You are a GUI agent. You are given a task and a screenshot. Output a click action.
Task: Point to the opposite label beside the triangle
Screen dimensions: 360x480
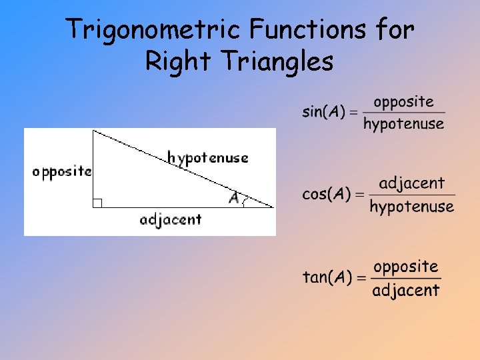pyautogui.click(x=61, y=172)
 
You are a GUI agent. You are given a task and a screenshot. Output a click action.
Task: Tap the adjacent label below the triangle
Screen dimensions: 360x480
pyautogui.click(x=171, y=219)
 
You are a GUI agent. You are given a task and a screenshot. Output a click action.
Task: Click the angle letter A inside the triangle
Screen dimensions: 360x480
pyautogui.click(x=233, y=198)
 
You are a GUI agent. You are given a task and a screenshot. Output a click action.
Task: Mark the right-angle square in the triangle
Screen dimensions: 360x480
pyautogui.click(x=97, y=203)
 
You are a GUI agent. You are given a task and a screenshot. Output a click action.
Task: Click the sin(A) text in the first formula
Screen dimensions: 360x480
pyautogui.click(x=323, y=112)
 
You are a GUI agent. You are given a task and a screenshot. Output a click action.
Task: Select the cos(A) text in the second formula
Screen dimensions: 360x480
pyautogui.click(x=326, y=194)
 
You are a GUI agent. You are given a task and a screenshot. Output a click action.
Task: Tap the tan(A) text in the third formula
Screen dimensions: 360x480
pyautogui.click(x=326, y=277)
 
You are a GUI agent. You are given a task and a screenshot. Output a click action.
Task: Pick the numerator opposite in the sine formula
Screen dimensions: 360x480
pyautogui.click(x=403, y=102)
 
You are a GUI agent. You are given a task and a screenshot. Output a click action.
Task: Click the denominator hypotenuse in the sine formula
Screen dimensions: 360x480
pyautogui.click(x=403, y=124)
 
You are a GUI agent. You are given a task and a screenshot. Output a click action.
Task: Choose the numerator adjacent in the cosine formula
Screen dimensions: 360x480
pyautogui.click(x=411, y=183)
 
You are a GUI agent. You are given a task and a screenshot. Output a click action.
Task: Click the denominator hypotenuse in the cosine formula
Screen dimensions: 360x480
pyautogui.click(x=411, y=207)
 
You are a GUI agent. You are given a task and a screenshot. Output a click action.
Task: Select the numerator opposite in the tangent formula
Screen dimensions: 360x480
pyautogui.click(x=405, y=267)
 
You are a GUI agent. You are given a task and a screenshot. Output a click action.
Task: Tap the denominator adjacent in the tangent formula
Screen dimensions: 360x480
pyautogui.click(x=405, y=290)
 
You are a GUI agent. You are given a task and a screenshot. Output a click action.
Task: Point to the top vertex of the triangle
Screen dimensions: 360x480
pyautogui.click(x=93, y=131)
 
